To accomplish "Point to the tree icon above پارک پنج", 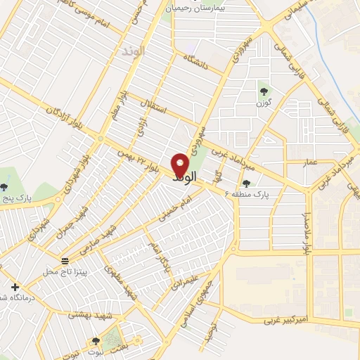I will click(x=4, y=187).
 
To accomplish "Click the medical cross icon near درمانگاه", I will click(x=15, y=287).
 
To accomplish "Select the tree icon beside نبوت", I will click(x=96, y=342).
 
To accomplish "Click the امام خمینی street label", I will click(x=172, y=210).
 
